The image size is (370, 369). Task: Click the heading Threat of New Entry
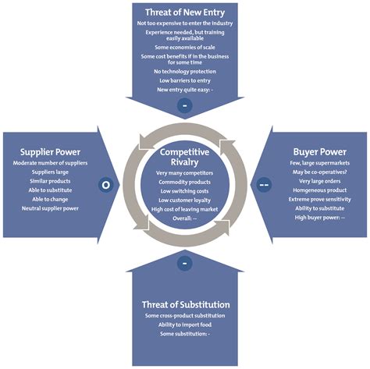(185, 12)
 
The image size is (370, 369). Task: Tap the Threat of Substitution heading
(185, 304)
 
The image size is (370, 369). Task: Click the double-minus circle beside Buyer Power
(265, 185)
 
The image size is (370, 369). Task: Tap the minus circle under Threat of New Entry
(185, 104)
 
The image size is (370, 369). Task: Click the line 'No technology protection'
(185, 72)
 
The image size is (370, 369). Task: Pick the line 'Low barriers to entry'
(185, 81)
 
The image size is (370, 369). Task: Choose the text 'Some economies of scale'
(185, 47)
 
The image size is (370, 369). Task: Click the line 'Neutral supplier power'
(49, 208)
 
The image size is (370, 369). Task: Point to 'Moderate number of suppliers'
(49, 162)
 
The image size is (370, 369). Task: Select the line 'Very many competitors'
(185, 172)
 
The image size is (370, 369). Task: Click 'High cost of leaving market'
(185, 210)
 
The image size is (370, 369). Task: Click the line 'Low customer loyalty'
(185, 200)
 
